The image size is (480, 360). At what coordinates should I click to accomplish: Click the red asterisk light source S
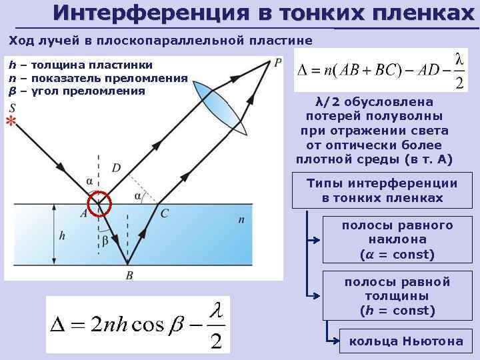(11, 121)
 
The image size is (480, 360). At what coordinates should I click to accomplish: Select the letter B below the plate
(129, 274)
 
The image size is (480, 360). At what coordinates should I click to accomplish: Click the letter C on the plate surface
(164, 213)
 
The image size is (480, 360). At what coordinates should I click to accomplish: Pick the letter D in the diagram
(116, 168)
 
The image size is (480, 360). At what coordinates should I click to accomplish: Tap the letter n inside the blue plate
(241, 219)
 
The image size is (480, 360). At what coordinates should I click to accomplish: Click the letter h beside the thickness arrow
(62, 235)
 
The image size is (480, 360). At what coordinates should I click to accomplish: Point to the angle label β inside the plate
(103, 239)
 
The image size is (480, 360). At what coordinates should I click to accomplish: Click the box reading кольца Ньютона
(406, 341)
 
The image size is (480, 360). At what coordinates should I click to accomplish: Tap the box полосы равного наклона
(397, 240)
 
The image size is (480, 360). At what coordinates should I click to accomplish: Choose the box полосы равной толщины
(397, 296)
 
